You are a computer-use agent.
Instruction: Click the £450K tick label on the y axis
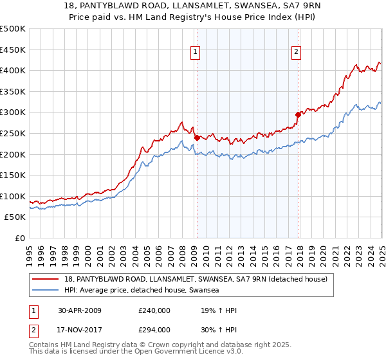tap(13, 50)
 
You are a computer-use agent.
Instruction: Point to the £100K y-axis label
tap(13, 196)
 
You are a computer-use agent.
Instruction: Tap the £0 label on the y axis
tap(19, 239)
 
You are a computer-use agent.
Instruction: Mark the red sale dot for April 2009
tap(197, 137)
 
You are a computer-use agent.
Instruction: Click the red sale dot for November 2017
tap(298, 114)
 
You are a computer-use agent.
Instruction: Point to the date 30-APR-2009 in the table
tap(79, 310)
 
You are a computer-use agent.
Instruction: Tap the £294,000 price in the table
tap(154, 329)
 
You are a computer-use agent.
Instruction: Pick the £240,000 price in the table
tap(154, 310)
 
